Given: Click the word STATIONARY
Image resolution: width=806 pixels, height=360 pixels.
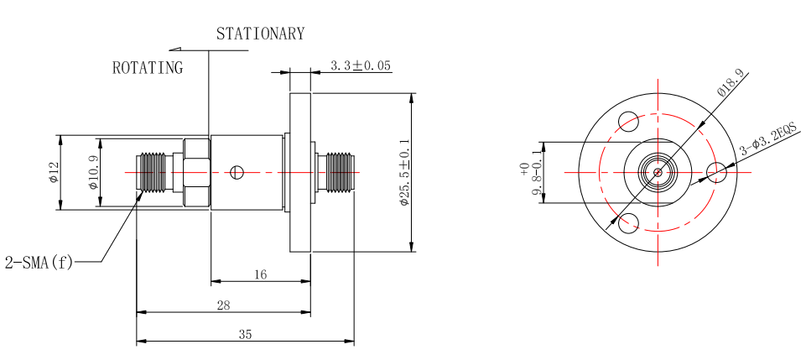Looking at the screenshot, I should click(260, 34).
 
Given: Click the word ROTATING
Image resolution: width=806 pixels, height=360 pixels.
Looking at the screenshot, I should click(148, 68).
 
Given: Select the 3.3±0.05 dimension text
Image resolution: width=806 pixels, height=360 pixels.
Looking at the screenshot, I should click(361, 65).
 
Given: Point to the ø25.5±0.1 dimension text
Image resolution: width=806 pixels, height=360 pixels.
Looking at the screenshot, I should click(404, 173).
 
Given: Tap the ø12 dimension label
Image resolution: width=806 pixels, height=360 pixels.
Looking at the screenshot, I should click(54, 172).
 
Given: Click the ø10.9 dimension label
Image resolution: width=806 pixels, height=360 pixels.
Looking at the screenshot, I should click(93, 173).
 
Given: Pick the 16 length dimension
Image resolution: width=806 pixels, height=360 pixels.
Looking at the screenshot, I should click(260, 274).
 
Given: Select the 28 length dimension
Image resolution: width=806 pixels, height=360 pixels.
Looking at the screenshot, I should click(223, 305).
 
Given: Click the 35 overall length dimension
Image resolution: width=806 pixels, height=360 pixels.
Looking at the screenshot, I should click(245, 334).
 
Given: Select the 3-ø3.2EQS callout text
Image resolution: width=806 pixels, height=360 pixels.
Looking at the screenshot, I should click(767, 140).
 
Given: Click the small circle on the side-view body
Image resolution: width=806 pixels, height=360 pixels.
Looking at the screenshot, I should click(237, 172).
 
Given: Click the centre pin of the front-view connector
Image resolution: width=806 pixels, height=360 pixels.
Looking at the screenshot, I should click(658, 172).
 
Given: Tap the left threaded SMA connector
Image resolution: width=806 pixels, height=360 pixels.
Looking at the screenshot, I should click(154, 172).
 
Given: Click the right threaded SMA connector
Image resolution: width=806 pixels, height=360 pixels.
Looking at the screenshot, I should click(338, 172).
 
